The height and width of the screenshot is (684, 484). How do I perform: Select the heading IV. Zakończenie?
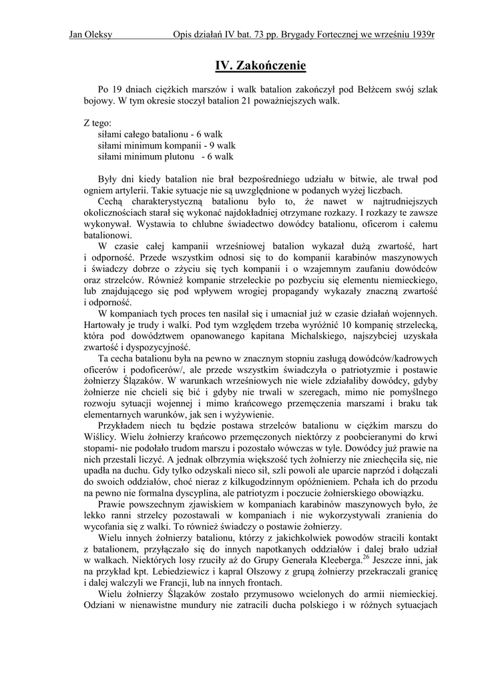point(260,65)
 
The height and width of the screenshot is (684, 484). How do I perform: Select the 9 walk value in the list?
point(222,146)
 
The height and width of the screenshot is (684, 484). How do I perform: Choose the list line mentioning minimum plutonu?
point(166,157)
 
